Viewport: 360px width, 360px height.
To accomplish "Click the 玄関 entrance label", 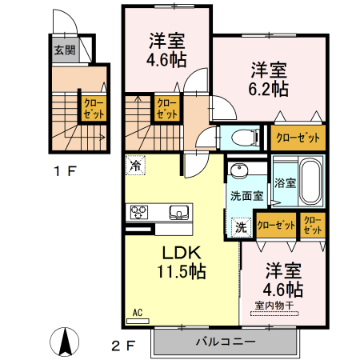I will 64,50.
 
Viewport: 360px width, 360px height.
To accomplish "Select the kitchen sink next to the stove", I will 178,212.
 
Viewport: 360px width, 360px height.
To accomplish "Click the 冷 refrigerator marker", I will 135,166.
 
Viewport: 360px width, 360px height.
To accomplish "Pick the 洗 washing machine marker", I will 240,227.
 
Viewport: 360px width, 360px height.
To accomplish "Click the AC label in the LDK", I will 137,313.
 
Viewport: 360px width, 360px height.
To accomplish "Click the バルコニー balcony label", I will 226,342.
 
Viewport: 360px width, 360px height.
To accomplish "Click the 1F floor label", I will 66,170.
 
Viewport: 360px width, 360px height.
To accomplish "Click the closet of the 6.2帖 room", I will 298,138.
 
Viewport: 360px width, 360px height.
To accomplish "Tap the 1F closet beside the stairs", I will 93,108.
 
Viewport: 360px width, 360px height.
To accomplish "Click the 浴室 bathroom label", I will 285,182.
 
